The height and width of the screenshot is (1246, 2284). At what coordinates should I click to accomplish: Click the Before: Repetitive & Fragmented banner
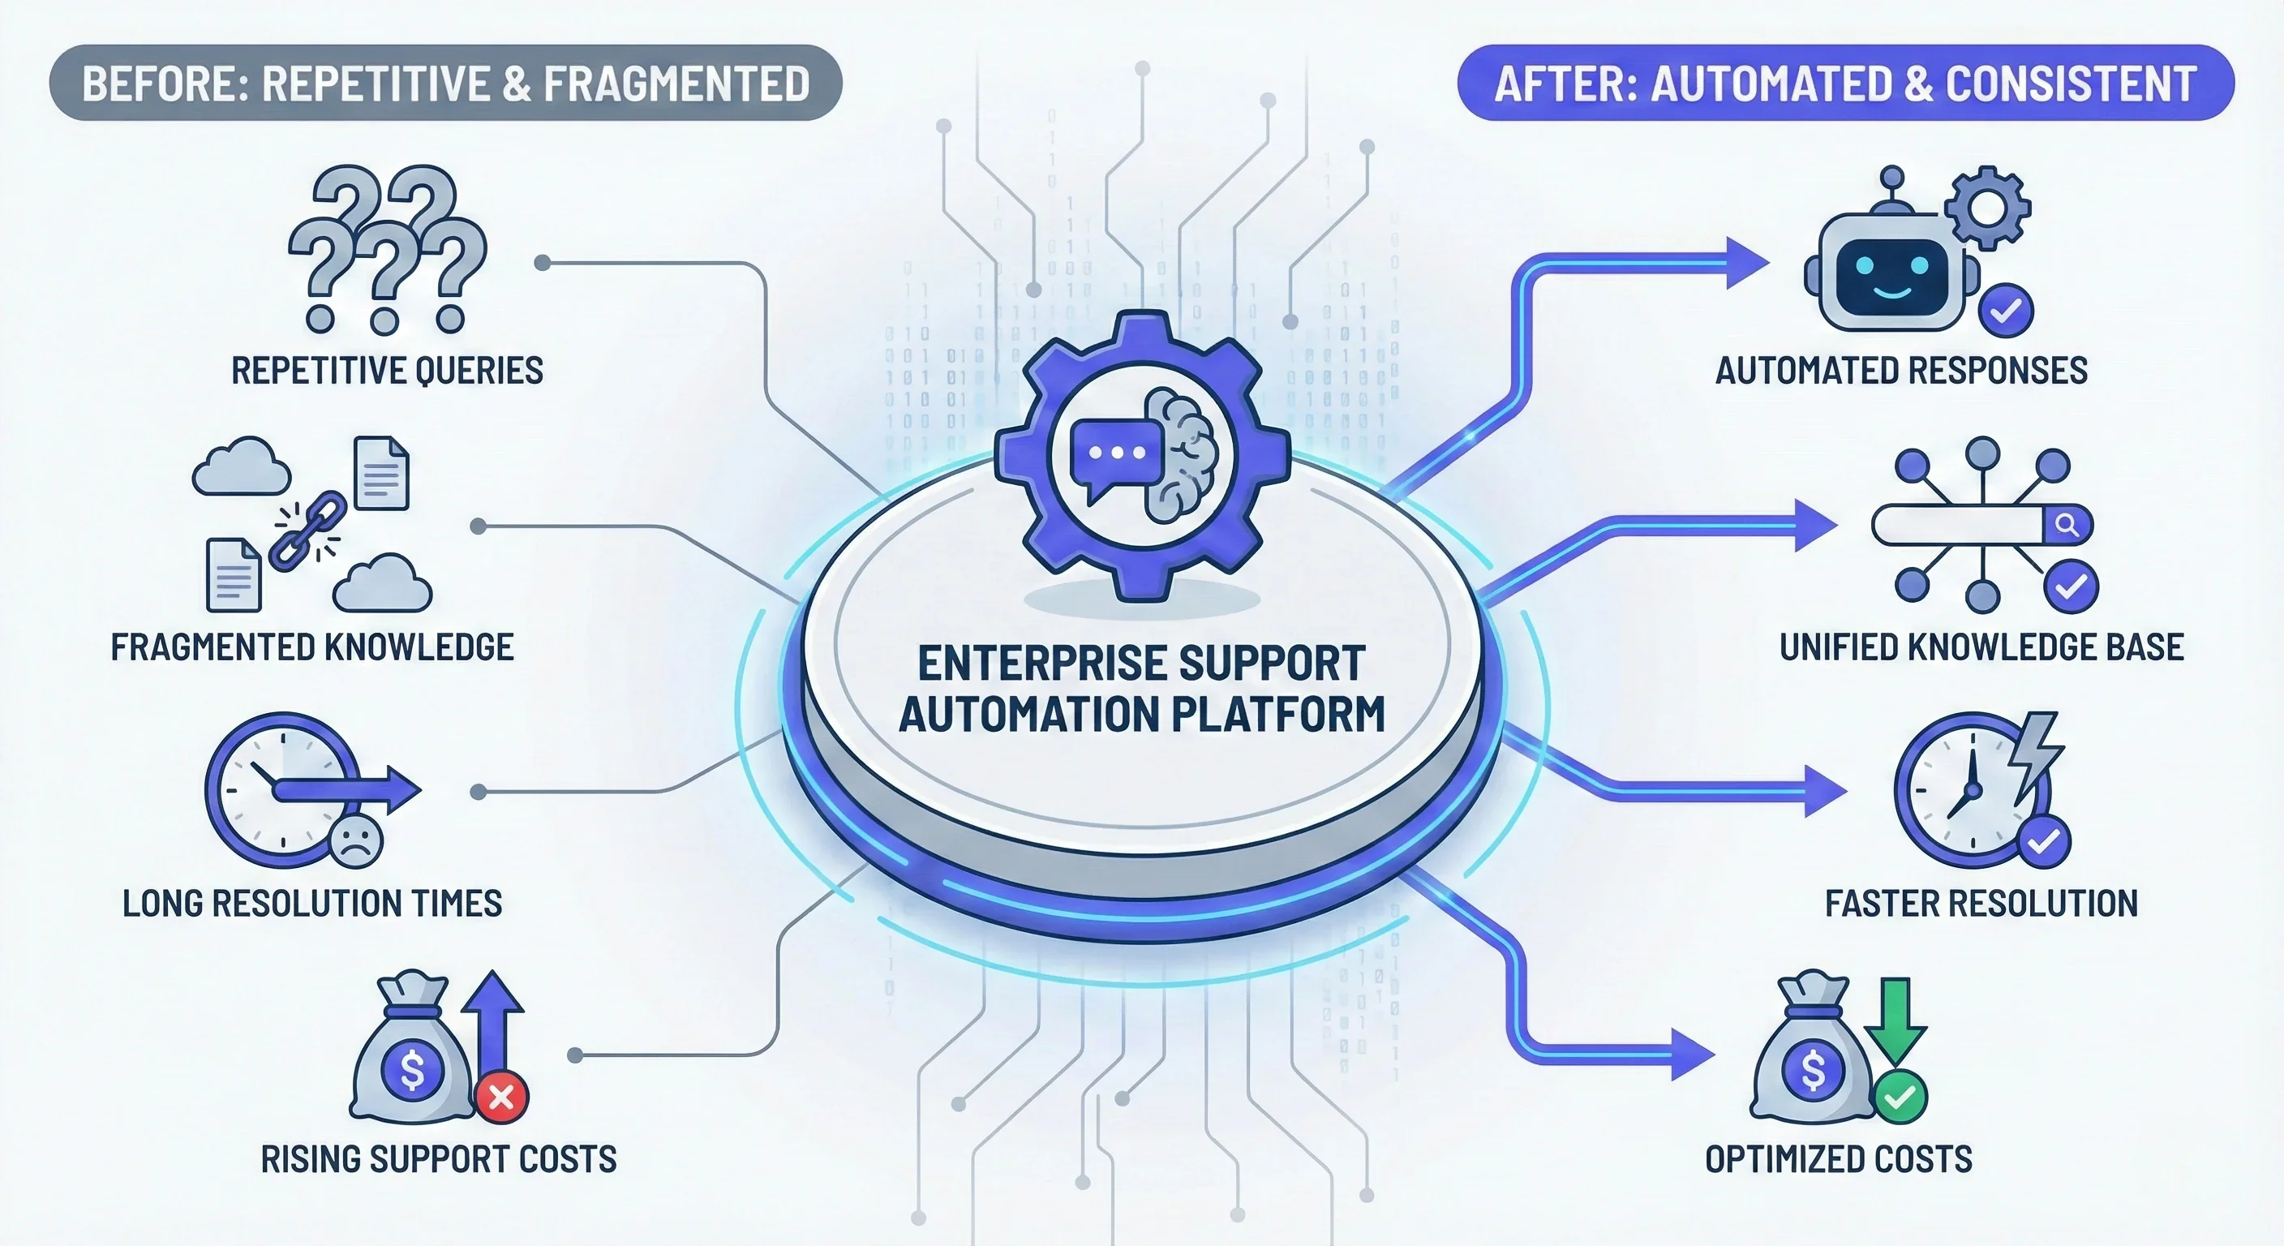pyautogui.click(x=445, y=84)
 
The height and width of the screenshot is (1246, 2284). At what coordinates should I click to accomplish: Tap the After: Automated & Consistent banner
pyautogui.click(x=1845, y=84)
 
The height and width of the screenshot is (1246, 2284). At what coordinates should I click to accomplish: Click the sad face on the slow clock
pyautogui.click(x=355, y=840)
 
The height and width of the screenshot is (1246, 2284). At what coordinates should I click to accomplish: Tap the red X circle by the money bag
pyautogui.click(x=502, y=1097)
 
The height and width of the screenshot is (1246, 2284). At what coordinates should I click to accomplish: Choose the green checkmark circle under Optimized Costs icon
pyautogui.click(x=1900, y=1097)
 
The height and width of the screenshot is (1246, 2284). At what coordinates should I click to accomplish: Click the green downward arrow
pyautogui.click(x=1895, y=1020)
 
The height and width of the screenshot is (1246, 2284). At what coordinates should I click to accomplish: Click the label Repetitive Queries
pyautogui.click(x=387, y=371)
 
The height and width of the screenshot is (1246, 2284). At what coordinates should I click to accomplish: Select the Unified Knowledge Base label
pyautogui.click(x=1981, y=647)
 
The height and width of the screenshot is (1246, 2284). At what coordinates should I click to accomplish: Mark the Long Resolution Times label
pyautogui.click(x=312, y=904)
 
